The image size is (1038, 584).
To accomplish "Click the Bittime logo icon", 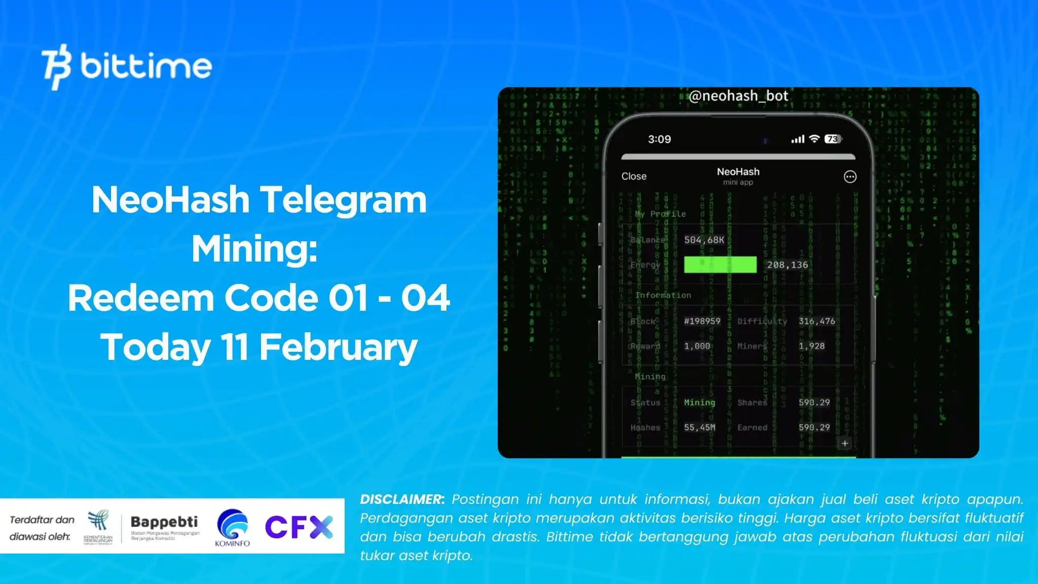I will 57,66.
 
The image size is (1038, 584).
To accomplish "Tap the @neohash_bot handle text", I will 738,96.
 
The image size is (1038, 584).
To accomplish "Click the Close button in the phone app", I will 634,176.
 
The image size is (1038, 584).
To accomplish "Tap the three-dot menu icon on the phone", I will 850,176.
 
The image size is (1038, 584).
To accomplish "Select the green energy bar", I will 720,265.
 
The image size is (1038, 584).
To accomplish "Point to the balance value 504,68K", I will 704,240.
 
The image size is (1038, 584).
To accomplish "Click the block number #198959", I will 702,321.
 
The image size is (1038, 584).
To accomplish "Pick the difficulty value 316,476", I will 817,321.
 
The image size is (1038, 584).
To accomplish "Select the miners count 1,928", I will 811,346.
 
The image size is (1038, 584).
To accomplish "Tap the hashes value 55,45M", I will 699,427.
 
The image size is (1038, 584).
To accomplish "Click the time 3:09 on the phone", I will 659,139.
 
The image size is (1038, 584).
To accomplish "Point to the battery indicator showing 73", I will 833,139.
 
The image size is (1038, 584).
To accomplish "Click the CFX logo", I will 299,527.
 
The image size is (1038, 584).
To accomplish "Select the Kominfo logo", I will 232,527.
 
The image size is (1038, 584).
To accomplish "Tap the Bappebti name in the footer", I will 164,522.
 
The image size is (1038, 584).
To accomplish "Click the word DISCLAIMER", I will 402,499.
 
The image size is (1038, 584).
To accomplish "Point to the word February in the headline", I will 338,347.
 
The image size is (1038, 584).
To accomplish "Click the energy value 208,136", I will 787,265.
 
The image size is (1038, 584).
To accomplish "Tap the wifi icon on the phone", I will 814,139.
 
